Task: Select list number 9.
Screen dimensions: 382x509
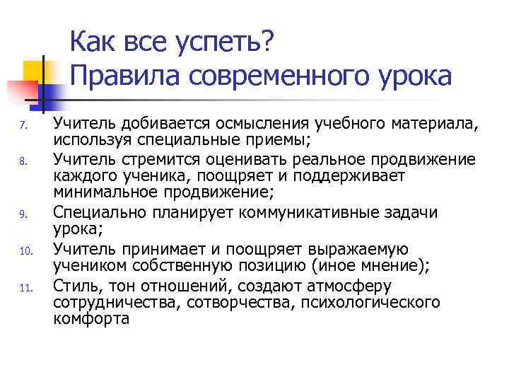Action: click(x=23, y=213)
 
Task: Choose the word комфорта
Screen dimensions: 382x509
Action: click(x=91, y=319)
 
